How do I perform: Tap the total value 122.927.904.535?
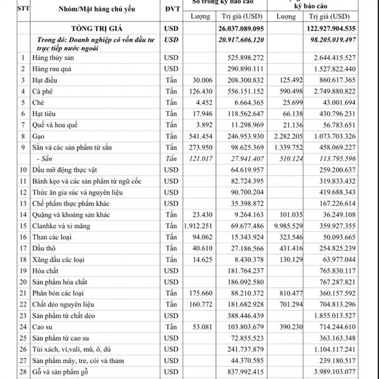pyautogui.click(x=330, y=28)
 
